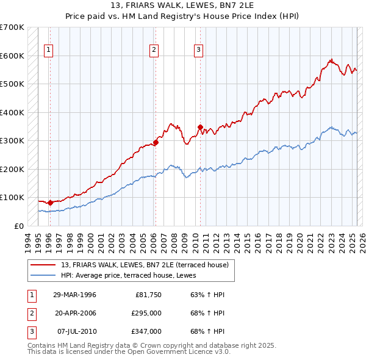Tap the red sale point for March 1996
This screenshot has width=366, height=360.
[50, 202]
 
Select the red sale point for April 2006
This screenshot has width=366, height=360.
[156, 142]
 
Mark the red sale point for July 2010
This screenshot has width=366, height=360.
[200, 128]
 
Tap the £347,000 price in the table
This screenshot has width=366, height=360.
[146, 331]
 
